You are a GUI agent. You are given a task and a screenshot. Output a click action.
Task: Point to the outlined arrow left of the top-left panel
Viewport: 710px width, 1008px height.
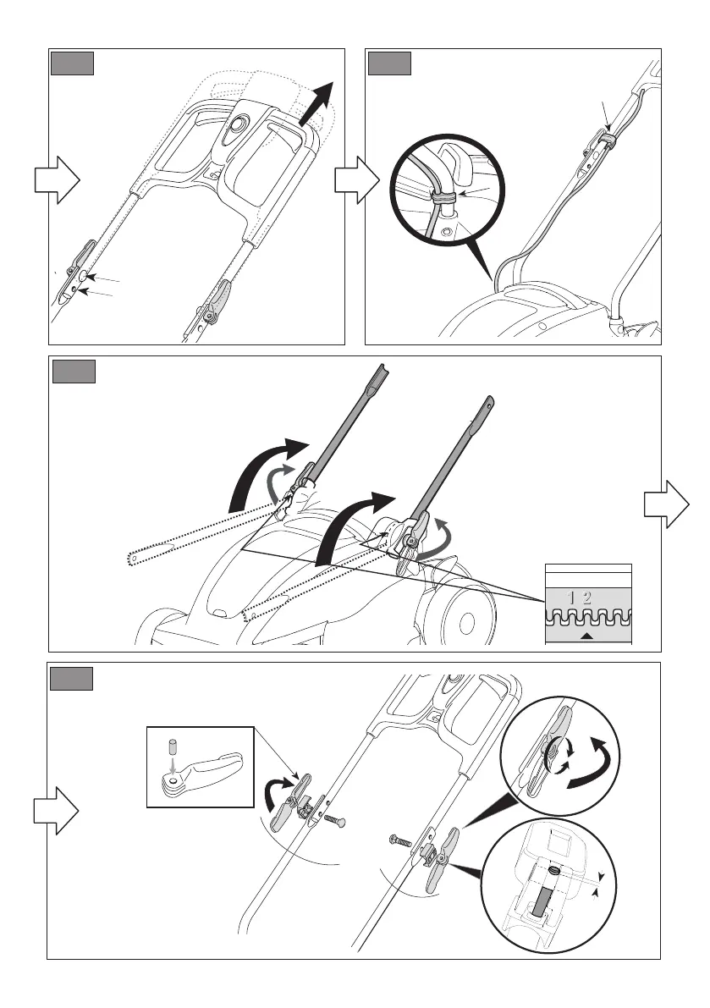tap(57, 181)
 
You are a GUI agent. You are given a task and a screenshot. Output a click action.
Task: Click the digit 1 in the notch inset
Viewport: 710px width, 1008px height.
tap(572, 598)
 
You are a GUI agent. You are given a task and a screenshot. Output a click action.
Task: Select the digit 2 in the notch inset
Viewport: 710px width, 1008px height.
tap(586, 598)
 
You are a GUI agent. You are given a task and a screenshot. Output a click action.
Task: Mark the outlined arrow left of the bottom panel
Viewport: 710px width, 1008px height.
tap(57, 810)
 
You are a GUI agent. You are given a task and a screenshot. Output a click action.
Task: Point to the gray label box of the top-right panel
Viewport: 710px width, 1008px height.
tap(389, 64)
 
